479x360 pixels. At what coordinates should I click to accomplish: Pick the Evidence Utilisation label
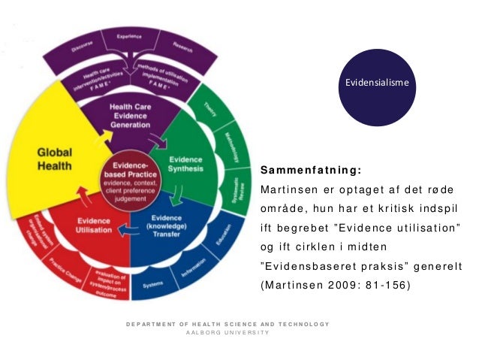(95, 226)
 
